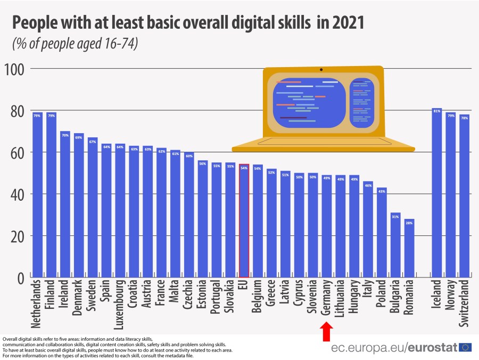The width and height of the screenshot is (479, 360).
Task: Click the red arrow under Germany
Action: tap(327, 333)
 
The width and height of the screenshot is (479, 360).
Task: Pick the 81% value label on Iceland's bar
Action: tap(437, 111)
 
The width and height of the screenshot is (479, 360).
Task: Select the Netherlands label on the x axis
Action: tap(37, 303)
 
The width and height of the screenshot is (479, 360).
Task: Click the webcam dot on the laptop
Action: tap(321, 70)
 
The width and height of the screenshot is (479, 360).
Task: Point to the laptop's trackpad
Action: tap(317, 141)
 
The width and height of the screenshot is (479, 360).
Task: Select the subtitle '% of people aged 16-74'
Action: tap(75, 44)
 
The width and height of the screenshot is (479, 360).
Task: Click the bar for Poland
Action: tap(382, 232)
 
